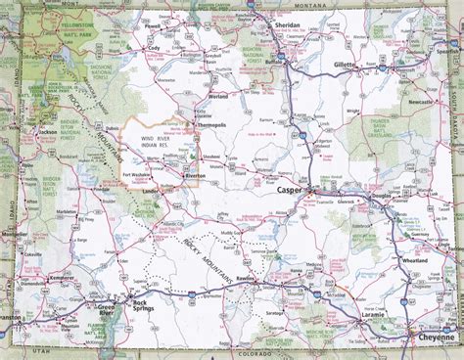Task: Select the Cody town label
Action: [152, 47]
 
